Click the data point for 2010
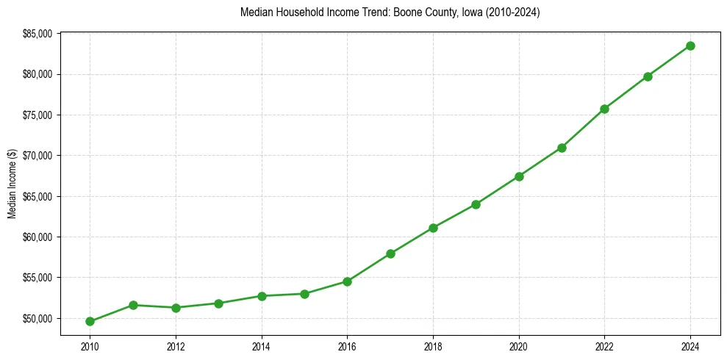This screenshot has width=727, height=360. click(90, 321)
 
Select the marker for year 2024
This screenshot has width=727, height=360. click(690, 46)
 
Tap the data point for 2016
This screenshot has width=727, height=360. click(347, 281)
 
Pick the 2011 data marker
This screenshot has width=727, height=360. click(133, 305)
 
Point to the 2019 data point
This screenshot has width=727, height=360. click(476, 204)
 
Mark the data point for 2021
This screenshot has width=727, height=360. click(562, 148)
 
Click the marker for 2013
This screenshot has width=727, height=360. click(218, 303)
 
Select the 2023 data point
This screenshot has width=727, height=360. click(648, 76)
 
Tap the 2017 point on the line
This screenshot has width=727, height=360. click(390, 253)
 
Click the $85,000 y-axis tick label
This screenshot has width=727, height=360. click(37, 34)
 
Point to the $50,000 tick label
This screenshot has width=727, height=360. click(37, 319)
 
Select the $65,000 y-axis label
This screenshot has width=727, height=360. click(37, 197)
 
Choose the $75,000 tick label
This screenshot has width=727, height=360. click(37, 115)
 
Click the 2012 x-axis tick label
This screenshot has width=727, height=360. click(176, 345)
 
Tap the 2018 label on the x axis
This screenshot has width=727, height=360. click(433, 345)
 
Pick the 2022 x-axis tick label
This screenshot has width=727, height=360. click(604, 345)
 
